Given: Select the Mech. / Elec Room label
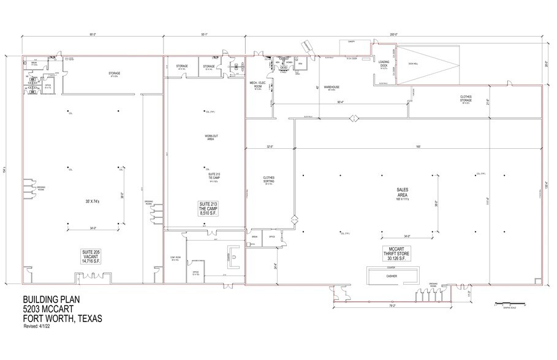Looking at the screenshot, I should coord(257,86).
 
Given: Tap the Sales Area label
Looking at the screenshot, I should coord(403,195).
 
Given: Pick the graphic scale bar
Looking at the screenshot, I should coord(509,302).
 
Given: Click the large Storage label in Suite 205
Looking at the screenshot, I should coord(115,74).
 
